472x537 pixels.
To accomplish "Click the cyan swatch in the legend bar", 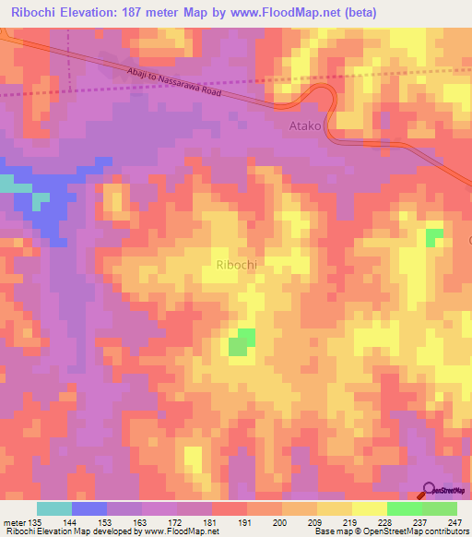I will [x=54, y=509].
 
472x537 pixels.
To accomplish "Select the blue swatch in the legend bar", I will [x=89, y=509].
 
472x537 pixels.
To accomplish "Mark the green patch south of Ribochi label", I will [x=242, y=341].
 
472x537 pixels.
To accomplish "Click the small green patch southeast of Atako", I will [x=433, y=237].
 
